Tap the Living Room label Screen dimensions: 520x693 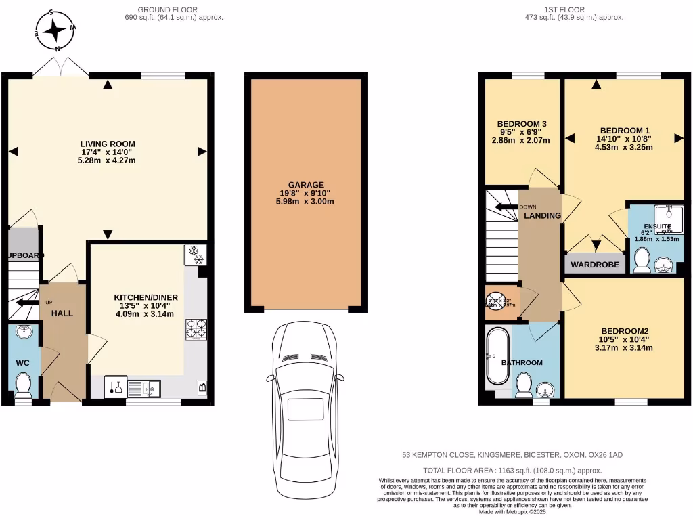[108, 144]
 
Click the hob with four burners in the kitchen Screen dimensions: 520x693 [196, 329]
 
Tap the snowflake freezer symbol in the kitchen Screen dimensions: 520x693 [195, 255]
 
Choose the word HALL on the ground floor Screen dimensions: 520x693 [62, 313]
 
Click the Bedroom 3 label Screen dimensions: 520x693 [522, 123]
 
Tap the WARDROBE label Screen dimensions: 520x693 [595, 265]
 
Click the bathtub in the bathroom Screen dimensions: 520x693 [493, 360]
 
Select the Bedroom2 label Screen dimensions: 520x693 [624, 330]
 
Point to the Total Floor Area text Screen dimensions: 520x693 [512, 470]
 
